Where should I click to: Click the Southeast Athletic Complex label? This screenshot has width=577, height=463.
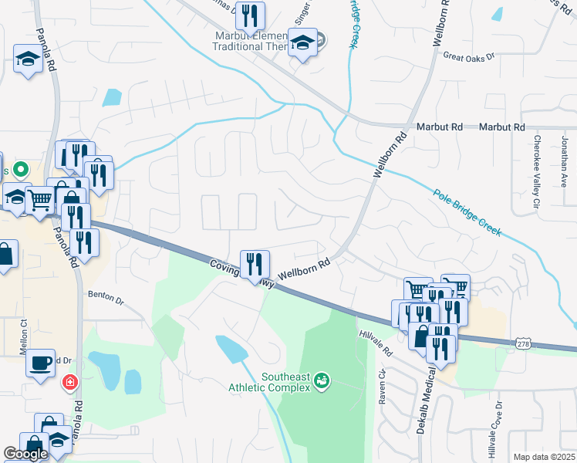point(268,382)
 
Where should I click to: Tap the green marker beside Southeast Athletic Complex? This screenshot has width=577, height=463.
point(322,380)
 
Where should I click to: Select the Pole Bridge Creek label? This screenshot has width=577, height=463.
point(467,213)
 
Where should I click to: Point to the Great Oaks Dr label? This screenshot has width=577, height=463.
point(468,56)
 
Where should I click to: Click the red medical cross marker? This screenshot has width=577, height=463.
point(70,381)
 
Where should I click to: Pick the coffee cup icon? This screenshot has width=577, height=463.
point(41,362)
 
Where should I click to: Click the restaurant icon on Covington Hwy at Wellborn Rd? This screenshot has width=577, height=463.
point(254,264)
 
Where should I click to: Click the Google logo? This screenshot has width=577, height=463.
point(25,454)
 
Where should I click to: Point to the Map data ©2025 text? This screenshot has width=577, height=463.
point(544,457)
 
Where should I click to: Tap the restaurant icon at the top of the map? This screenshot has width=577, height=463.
point(249,15)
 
